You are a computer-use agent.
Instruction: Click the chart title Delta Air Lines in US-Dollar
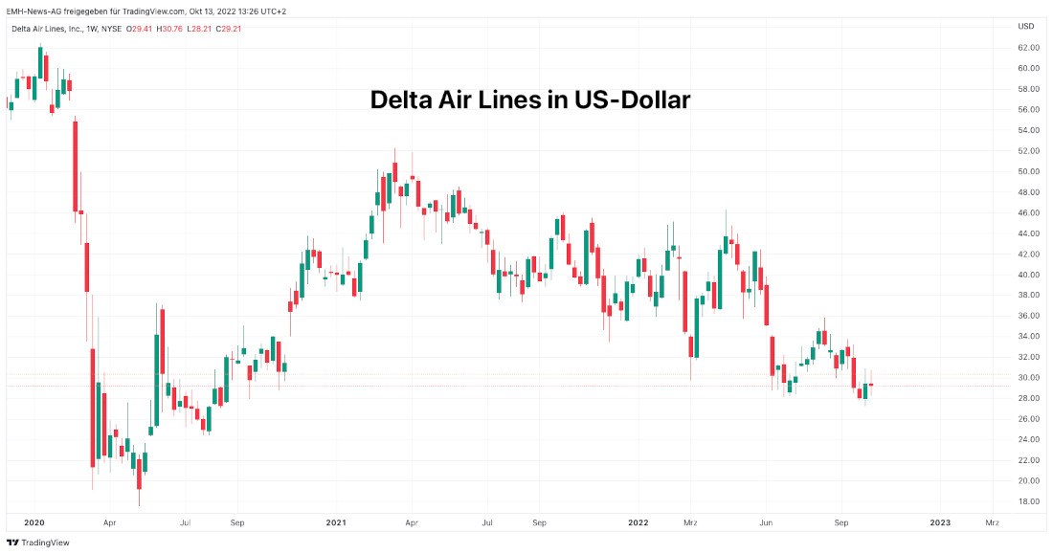click(529, 100)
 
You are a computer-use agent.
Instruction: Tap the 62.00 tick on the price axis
click(1028, 48)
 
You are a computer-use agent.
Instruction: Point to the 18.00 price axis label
click(1028, 501)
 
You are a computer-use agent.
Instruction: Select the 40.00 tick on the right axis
click(1028, 275)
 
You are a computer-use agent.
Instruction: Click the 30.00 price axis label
click(1028, 378)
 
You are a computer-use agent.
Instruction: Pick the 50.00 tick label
click(1028, 171)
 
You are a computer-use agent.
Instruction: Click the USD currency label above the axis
click(1025, 27)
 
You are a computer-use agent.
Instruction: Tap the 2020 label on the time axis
click(34, 523)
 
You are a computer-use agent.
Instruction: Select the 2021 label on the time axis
click(336, 523)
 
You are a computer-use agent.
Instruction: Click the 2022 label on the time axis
click(639, 523)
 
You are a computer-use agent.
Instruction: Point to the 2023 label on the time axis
click(940, 523)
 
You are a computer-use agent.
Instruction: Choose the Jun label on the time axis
click(766, 523)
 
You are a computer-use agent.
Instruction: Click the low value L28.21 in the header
click(201, 29)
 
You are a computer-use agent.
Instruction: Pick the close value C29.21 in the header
click(229, 29)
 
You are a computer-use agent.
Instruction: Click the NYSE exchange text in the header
click(110, 29)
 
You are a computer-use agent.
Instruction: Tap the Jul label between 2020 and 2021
click(185, 523)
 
